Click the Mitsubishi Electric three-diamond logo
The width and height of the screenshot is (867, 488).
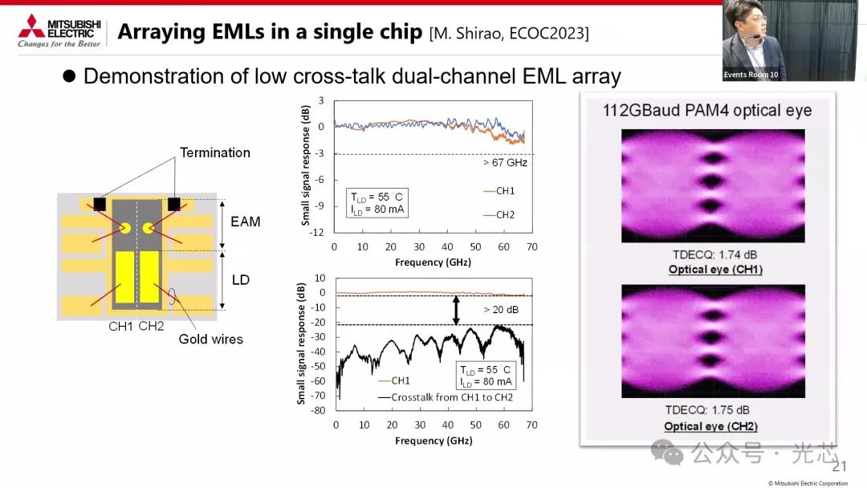pyautogui.click(x=31, y=26)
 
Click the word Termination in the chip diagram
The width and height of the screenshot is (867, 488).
pyautogui.click(x=215, y=152)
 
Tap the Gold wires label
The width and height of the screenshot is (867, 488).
pyautogui.click(x=210, y=339)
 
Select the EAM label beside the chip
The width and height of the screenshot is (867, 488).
pyautogui.click(x=246, y=222)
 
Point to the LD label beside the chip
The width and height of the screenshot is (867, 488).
pyautogui.click(x=241, y=279)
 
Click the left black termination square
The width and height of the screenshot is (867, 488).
pyautogui.click(x=100, y=204)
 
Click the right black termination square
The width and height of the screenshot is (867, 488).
pyautogui.click(x=173, y=204)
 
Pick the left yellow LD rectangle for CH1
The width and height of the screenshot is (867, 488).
pyautogui.click(x=124, y=278)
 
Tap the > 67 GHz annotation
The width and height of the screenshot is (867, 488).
pyautogui.click(x=506, y=162)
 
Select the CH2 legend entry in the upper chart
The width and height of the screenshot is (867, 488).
pyautogui.click(x=499, y=214)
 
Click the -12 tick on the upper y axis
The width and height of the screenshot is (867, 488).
pyautogui.click(x=316, y=232)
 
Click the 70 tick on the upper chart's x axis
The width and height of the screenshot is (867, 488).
pyautogui.click(x=532, y=246)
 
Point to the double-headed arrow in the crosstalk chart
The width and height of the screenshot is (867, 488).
pyautogui.click(x=456, y=310)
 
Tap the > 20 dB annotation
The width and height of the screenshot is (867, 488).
pyautogui.click(x=502, y=310)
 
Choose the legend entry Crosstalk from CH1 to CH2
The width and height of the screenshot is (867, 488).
pyautogui.click(x=446, y=396)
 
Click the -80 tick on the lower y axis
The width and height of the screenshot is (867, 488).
pyautogui.click(x=317, y=411)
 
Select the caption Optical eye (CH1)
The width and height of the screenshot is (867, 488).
pyautogui.click(x=715, y=269)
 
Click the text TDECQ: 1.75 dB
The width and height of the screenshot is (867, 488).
pyautogui.click(x=707, y=410)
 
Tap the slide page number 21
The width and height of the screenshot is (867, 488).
pyautogui.click(x=840, y=466)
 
